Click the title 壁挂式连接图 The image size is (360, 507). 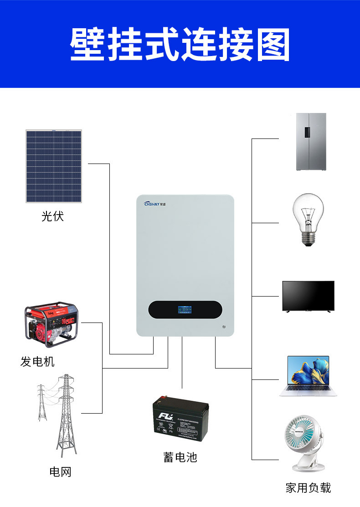[180, 45]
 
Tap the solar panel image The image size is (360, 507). [54, 166]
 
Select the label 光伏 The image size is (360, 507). [53, 216]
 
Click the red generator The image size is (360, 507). [51, 324]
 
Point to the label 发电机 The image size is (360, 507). [37, 362]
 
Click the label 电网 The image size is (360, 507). [61, 472]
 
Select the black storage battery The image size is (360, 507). [180, 418]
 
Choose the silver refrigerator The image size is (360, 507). [311, 142]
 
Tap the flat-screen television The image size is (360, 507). [308, 296]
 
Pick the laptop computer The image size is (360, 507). [308, 376]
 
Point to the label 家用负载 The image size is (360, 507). [308, 488]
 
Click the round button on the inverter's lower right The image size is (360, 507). [223, 326]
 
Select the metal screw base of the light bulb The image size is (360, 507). [308, 238]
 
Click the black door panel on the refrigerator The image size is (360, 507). [307, 132]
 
